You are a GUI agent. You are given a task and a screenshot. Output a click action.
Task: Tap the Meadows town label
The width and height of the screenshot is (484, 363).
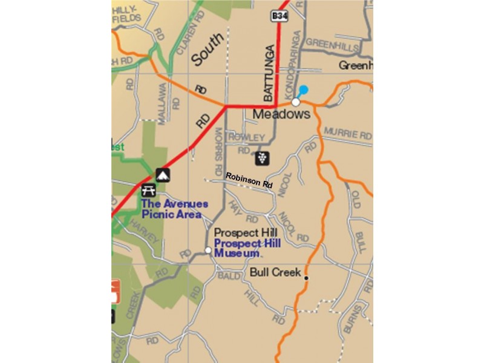(x=281, y=114)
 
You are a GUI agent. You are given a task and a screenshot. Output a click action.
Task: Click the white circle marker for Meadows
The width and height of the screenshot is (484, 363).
(x=296, y=102)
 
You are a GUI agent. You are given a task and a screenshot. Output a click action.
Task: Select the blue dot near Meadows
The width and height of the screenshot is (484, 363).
(x=304, y=90)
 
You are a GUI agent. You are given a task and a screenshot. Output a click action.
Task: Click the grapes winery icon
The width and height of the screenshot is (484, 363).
(x=262, y=158)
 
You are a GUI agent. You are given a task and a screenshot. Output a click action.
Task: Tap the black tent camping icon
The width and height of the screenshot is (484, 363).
(x=163, y=175)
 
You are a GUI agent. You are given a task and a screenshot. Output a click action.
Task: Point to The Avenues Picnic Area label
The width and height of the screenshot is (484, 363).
(x=174, y=209)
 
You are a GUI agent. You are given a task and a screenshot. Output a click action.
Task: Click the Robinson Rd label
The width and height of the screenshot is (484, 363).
(x=249, y=180)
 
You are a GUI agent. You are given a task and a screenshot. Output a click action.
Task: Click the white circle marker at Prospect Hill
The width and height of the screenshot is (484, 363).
(x=208, y=250)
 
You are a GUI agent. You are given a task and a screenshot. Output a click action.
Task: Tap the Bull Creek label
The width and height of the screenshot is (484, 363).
(x=275, y=273)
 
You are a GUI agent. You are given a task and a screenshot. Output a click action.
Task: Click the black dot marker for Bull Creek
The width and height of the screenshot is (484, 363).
(x=306, y=278)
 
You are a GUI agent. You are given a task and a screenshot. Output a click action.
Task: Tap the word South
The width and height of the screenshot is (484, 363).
(x=208, y=50)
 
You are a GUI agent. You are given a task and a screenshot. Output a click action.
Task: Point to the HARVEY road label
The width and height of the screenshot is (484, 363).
(x=146, y=232)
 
